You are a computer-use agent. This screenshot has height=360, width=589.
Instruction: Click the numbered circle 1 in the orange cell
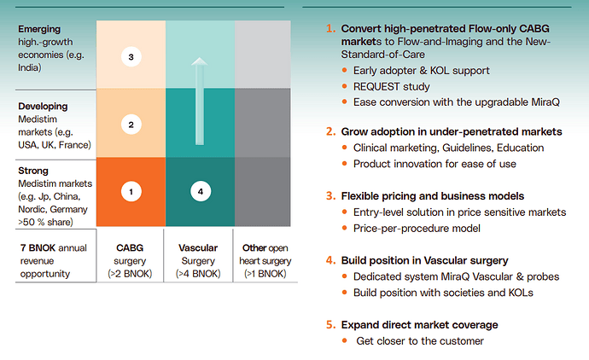pos(131,192)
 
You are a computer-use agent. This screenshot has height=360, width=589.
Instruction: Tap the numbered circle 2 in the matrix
pos(131,125)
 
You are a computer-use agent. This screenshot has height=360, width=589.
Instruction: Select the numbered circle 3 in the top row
pos(131,58)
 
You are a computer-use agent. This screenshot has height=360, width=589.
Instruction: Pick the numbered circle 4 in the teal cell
pos(200,192)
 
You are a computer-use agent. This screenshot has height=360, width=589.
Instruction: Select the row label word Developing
pos(43,107)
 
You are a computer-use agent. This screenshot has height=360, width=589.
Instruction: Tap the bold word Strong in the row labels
pos(33,171)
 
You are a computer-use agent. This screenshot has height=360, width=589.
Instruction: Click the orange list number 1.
pos(329,28)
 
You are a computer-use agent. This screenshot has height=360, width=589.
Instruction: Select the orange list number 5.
pos(329,325)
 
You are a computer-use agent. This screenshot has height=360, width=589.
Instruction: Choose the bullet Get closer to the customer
pos(421,341)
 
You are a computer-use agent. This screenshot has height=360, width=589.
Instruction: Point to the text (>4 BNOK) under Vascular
pos(199,274)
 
